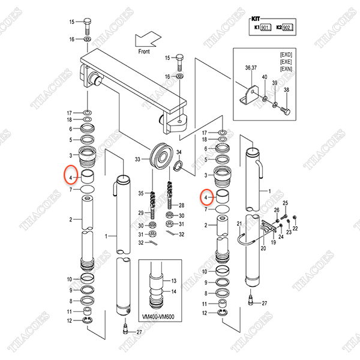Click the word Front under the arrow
pyautogui.click(x=144, y=52)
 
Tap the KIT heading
pyautogui.click(x=256, y=19)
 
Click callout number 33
pyautogui.click(x=137, y=159)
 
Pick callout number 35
pyautogui.click(x=141, y=193)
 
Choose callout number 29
pyautogui.click(x=141, y=214)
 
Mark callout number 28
pyautogui.click(x=182, y=205)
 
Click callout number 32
pyautogui.click(x=141, y=244)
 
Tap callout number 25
pyautogui.click(x=286, y=203)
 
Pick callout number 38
pyautogui.click(x=286, y=89)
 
